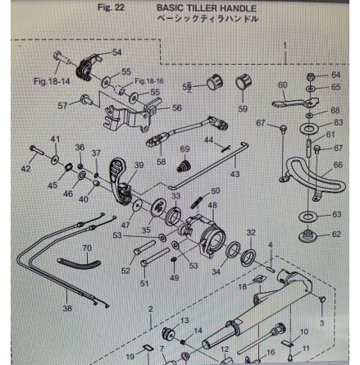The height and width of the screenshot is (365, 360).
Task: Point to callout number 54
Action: pos(116,52)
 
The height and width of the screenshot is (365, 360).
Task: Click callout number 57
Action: pos(62,105)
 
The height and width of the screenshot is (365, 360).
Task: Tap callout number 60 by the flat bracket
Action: pos(282,85)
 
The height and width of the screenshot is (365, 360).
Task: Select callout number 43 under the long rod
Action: pos(235,175)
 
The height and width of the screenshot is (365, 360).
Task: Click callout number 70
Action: pos(86,246)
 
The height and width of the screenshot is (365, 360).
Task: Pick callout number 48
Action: pos(212,205)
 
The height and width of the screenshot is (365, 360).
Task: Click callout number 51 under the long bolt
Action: pos(144,284)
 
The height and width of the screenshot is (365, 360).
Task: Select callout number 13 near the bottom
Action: pos(184,320)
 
